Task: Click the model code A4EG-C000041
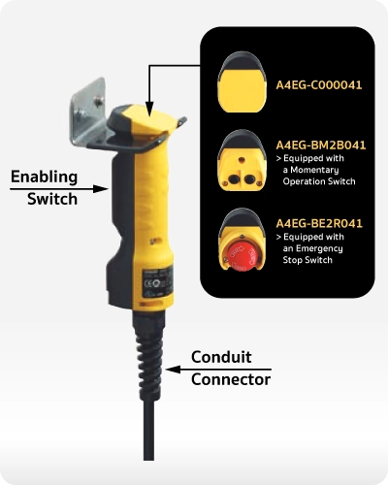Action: (x=319, y=85)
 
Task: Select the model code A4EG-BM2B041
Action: (x=321, y=145)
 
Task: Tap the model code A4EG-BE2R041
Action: (x=319, y=223)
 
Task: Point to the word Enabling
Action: (x=44, y=178)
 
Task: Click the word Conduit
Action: (x=221, y=357)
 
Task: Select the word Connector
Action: (x=231, y=379)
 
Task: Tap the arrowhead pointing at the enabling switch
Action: (x=100, y=189)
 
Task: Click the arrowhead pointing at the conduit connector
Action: (x=174, y=370)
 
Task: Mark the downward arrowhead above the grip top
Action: (x=149, y=109)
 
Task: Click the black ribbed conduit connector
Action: (x=149, y=356)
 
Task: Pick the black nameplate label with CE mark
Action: (x=158, y=281)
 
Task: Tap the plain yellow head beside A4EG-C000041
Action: (x=242, y=81)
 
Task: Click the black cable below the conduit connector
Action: (x=148, y=430)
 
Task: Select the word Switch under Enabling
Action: (x=52, y=199)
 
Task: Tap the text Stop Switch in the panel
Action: (x=307, y=260)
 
